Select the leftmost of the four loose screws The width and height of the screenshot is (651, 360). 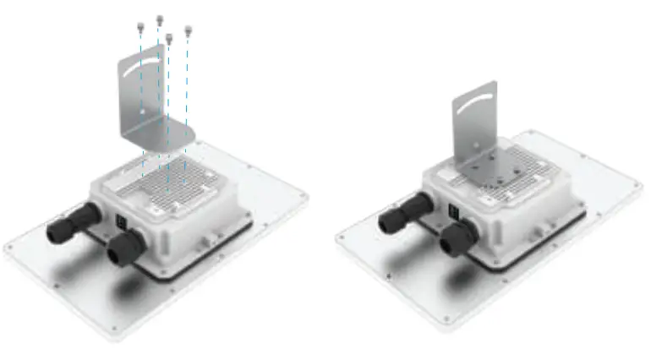pyautogui.click(x=139, y=28)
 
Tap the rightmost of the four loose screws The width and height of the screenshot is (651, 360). pyautogui.click(x=188, y=32)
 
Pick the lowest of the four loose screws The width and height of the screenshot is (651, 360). pyautogui.click(x=169, y=38)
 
